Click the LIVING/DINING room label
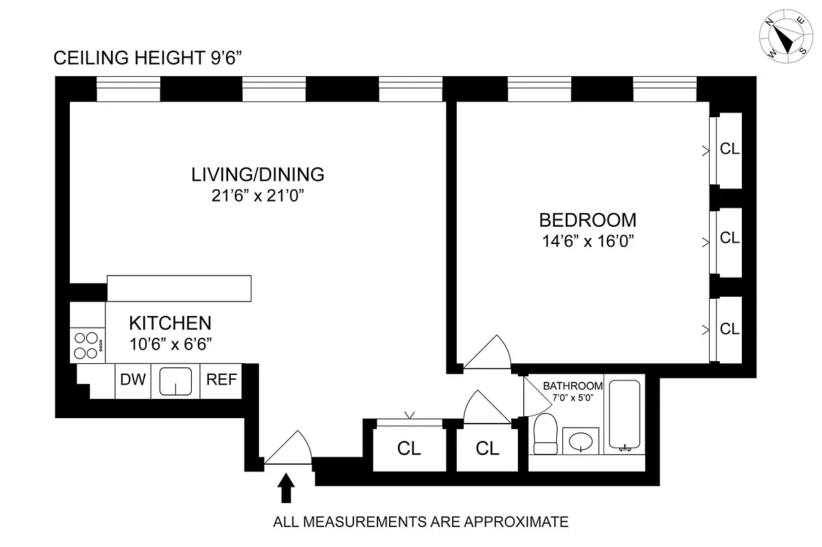257,175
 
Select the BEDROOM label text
588,221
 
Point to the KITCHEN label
171,323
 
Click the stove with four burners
88,345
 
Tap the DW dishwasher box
133,380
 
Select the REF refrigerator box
221,380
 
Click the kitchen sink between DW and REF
176,381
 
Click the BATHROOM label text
573,386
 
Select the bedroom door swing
488,354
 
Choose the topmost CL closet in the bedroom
730,149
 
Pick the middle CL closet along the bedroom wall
730,238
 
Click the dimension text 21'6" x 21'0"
257,195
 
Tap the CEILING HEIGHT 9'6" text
148,60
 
